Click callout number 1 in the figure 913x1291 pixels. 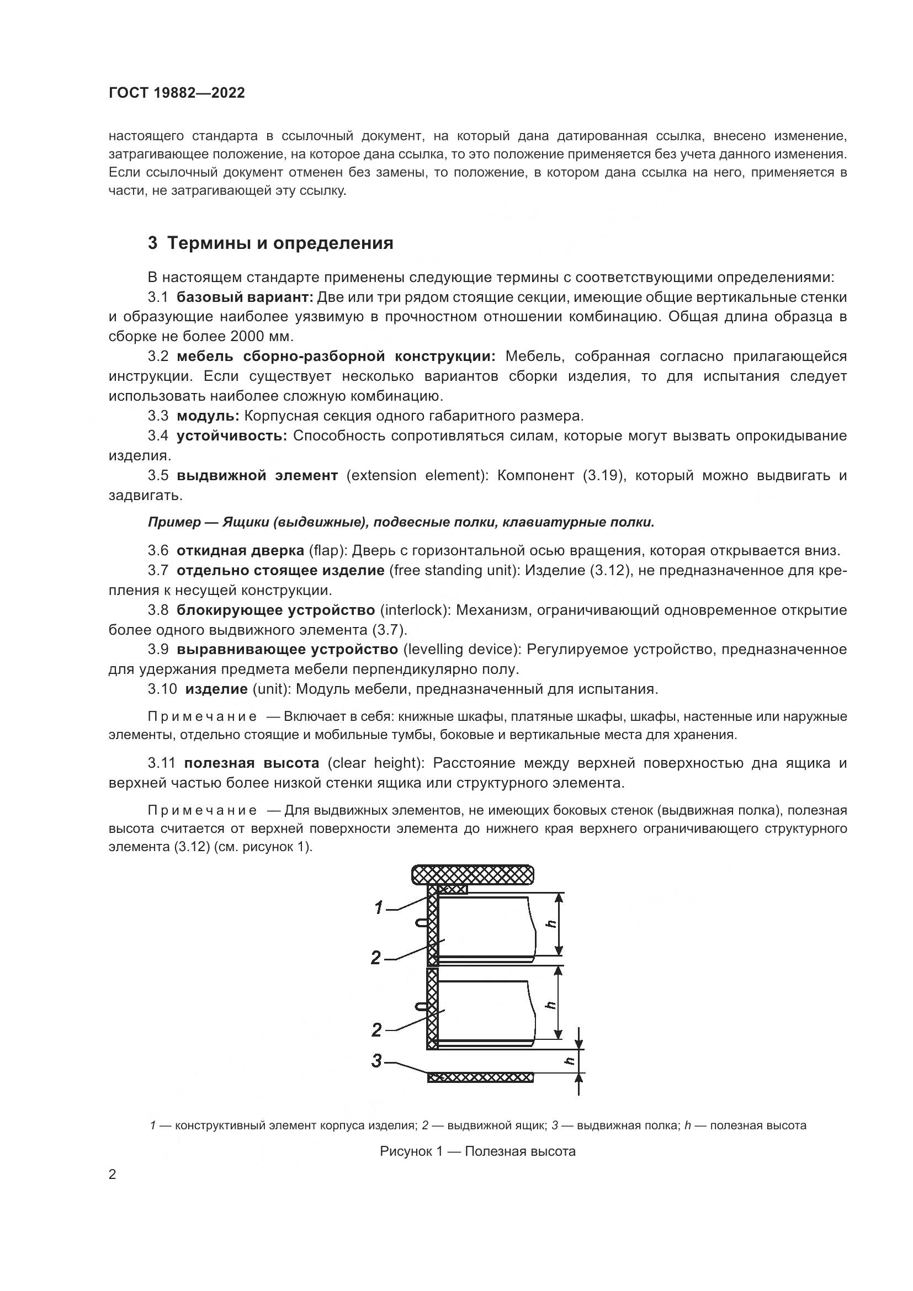tap(379, 907)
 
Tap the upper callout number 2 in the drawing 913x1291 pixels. tap(376, 957)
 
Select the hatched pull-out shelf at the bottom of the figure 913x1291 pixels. tap(480, 1077)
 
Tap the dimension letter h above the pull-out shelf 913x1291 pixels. tap(570, 1060)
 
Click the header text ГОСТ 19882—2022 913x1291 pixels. tap(177, 93)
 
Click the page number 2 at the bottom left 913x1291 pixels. tap(112, 1175)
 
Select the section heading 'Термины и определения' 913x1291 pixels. tap(280, 243)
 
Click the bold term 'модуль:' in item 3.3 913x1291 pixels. tap(208, 416)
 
